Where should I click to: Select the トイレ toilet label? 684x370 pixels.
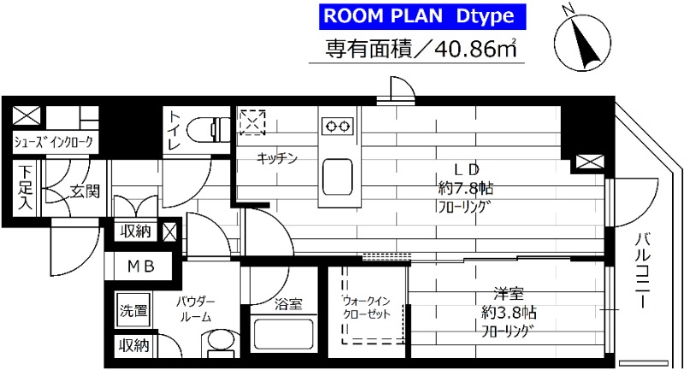point(174,132)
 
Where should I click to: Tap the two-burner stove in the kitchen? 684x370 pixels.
point(336,126)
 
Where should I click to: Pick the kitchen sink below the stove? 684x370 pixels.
point(337,178)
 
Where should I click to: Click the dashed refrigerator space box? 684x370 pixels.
point(253,121)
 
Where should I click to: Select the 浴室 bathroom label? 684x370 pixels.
point(288,303)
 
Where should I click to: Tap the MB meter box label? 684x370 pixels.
point(140,267)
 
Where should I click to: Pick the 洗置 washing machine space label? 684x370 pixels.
point(133,309)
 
